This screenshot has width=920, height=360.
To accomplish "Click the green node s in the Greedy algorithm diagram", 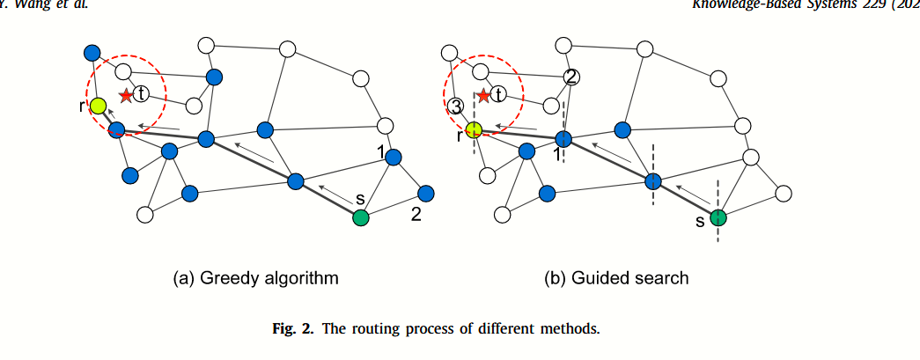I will tap(360, 217).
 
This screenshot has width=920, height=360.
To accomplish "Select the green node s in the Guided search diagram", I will tap(718, 217).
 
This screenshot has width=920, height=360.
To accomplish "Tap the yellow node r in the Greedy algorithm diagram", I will tap(98, 106).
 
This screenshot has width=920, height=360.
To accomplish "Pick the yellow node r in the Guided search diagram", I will tap(474, 130).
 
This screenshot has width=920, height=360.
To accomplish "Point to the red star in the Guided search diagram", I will tap(482, 93).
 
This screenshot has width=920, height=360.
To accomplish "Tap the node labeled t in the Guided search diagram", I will tap(499, 93).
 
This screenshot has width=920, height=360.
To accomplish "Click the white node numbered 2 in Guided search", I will tap(570, 77).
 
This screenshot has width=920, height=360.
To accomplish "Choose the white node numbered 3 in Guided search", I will tap(455, 107).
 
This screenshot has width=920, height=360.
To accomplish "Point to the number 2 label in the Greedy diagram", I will tap(416, 213).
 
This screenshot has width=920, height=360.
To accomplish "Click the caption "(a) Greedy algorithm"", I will tap(255, 278).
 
